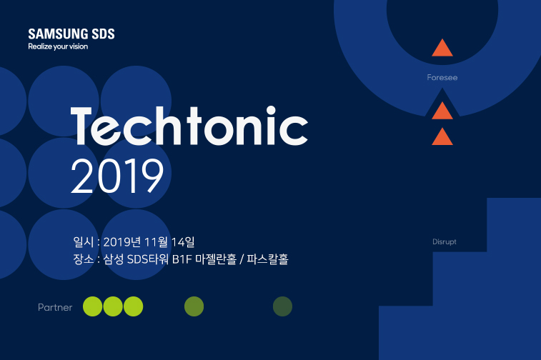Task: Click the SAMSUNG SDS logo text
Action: [x=71, y=34]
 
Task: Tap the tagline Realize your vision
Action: [x=58, y=47]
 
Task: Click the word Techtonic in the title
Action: [x=189, y=128]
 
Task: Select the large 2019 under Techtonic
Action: [x=117, y=176]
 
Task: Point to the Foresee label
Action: [x=442, y=77]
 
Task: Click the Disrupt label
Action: [x=444, y=241]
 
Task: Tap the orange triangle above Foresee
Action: [x=442, y=49]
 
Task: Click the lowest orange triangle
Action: [x=442, y=136]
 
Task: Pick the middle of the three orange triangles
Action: [x=442, y=111]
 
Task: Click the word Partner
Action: [x=55, y=307]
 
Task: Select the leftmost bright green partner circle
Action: [x=93, y=306]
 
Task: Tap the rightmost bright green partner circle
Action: [x=134, y=306]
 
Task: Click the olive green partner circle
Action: [x=194, y=306]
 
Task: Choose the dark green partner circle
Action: [x=282, y=306]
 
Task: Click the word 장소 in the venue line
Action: [x=82, y=259]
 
